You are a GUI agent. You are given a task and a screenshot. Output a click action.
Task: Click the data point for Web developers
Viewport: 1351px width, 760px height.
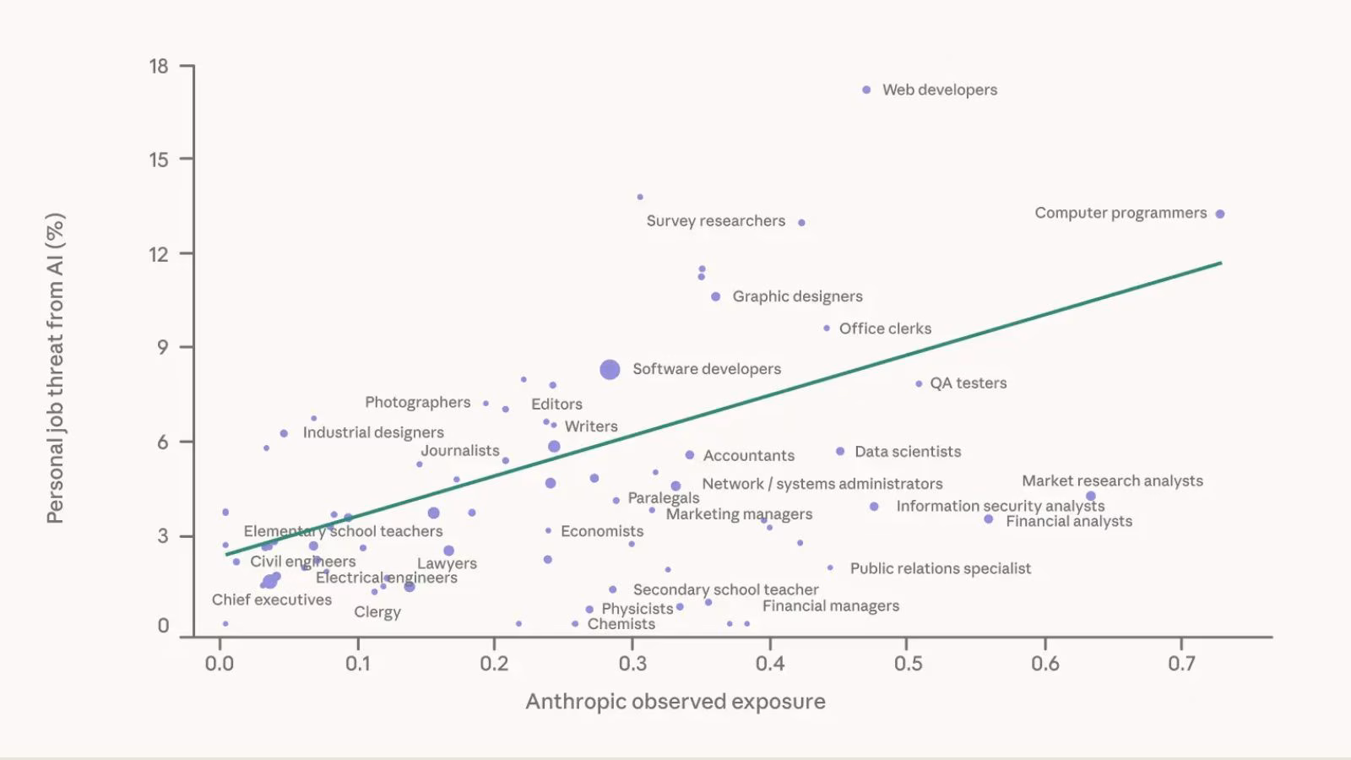tap(866, 90)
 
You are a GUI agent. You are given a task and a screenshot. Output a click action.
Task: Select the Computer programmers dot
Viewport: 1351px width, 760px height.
tap(1220, 214)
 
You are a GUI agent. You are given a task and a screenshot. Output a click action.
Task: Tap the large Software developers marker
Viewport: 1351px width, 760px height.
tap(610, 369)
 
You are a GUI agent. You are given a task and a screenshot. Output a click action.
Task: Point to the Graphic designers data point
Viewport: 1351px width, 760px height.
tap(716, 296)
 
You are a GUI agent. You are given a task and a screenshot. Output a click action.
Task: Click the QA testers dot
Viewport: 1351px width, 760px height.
tap(919, 383)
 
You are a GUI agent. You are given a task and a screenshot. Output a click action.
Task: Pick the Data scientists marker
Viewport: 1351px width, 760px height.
tap(840, 452)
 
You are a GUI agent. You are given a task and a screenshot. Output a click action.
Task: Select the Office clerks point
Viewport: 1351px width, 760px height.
tap(827, 328)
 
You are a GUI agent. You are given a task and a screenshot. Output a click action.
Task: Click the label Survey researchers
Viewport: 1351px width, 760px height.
tap(715, 221)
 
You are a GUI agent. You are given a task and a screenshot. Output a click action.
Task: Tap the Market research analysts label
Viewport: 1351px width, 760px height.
tap(1112, 480)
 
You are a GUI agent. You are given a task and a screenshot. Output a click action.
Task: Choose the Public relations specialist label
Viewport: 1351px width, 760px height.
tap(940, 568)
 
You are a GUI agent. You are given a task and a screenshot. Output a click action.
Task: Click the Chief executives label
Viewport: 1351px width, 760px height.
tap(272, 600)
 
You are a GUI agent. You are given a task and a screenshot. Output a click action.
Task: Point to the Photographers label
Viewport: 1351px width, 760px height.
tap(417, 403)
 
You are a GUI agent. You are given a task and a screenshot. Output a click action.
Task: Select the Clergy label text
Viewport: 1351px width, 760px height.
tap(377, 612)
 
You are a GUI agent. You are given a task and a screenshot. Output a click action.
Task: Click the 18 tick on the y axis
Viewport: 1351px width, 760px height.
tap(159, 66)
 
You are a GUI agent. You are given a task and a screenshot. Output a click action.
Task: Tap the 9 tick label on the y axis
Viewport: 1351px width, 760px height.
tap(162, 347)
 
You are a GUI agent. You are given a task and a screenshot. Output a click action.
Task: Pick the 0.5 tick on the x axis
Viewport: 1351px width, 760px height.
tap(907, 664)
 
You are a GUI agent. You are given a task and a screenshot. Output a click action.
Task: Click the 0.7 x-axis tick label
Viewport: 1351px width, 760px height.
tap(1181, 664)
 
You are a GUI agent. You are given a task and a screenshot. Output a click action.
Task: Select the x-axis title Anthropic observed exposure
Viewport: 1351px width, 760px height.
tap(675, 702)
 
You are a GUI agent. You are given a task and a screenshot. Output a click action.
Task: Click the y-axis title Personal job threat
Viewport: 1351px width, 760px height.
tap(55, 368)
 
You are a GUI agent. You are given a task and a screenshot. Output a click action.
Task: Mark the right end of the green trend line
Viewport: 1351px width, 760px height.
tap(1221, 263)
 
